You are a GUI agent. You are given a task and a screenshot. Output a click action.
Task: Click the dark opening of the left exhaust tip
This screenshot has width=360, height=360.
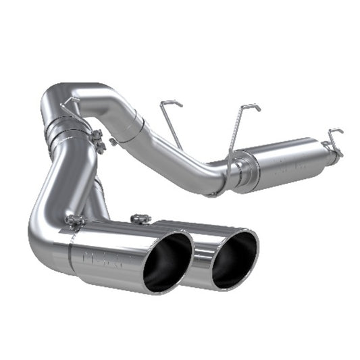click(x=168, y=263)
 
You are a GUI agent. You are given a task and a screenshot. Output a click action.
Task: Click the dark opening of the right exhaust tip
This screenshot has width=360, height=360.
click(x=234, y=259)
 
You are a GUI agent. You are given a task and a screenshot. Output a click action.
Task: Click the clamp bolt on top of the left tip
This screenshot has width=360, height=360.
click(x=74, y=220)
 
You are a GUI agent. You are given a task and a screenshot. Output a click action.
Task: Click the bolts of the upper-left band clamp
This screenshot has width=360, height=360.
click(x=99, y=141)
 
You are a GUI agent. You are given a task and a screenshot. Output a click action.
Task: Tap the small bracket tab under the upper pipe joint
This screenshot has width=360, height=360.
click(x=113, y=141)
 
